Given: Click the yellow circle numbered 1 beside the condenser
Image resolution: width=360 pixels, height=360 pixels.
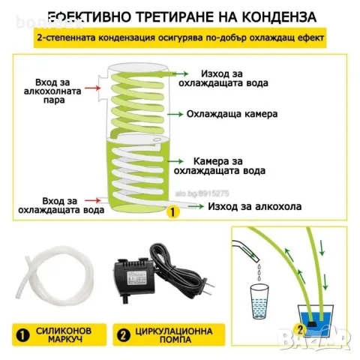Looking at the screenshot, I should tap(173, 213).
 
